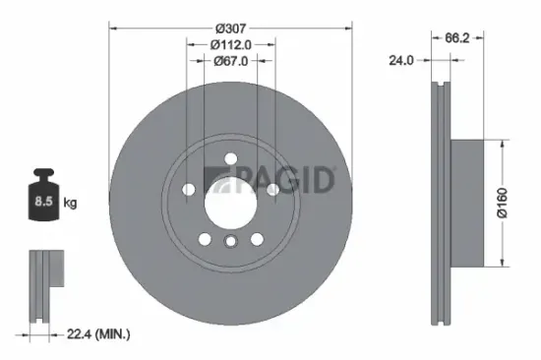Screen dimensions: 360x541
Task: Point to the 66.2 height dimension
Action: pyautogui.click(x=455, y=38)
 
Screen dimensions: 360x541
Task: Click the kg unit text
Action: pyautogui.click(x=71, y=204)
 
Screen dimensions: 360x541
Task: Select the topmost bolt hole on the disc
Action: pyautogui.click(x=228, y=157)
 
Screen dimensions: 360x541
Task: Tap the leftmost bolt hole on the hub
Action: pyautogui.click(x=187, y=189)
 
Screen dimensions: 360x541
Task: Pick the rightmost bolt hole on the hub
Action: pyautogui.click(x=270, y=189)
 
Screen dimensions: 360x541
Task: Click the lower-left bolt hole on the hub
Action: pyautogui.click(x=203, y=239)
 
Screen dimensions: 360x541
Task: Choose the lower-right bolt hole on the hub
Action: pyautogui.click(x=255, y=239)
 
